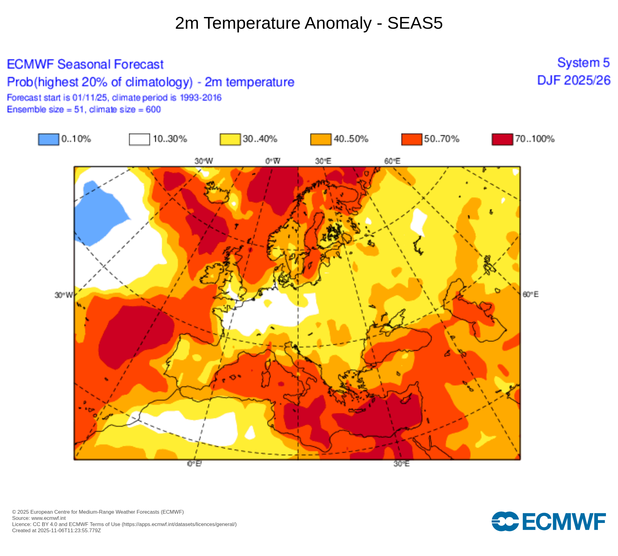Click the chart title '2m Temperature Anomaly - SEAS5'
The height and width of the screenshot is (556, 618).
[x=309, y=23]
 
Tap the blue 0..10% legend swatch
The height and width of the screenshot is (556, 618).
[x=49, y=139]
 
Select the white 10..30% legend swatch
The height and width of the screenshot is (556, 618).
[x=139, y=139]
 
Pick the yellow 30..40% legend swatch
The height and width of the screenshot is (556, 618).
[x=230, y=139]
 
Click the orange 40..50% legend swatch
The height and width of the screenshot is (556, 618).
[x=321, y=139]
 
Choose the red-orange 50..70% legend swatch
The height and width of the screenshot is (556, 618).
[x=412, y=139]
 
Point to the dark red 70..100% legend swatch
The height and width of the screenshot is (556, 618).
[x=502, y=139]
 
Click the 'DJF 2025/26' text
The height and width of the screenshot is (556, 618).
[x=574, y=80]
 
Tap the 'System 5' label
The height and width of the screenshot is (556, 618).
[x=583, y=63]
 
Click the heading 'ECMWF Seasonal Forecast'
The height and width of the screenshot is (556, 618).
[x=85, y=64]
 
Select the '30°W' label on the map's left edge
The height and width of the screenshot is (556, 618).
[x=64, y=295]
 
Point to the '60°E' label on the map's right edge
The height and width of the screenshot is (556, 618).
[x=531, y=294]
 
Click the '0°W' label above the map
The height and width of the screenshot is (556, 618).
[x=273, y=161]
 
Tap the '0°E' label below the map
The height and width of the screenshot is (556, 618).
[x=194, y=464]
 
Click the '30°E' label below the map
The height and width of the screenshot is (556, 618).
[x=401, y=464]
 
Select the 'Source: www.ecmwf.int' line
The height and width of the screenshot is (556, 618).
[x=39, y=518]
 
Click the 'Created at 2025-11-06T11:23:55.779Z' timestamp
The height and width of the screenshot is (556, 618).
[x=57, y=530]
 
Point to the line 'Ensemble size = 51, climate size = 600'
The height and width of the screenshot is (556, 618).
[x=84, y=109]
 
